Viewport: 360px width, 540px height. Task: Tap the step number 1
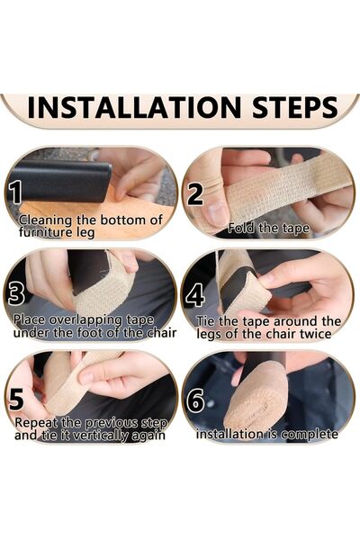(x=16, y=192)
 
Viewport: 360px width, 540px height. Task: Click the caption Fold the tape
(x=269, y=228)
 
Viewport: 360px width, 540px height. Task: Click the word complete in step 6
(x=310, y=435)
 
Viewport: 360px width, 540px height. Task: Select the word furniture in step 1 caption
(x=47, y=231)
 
